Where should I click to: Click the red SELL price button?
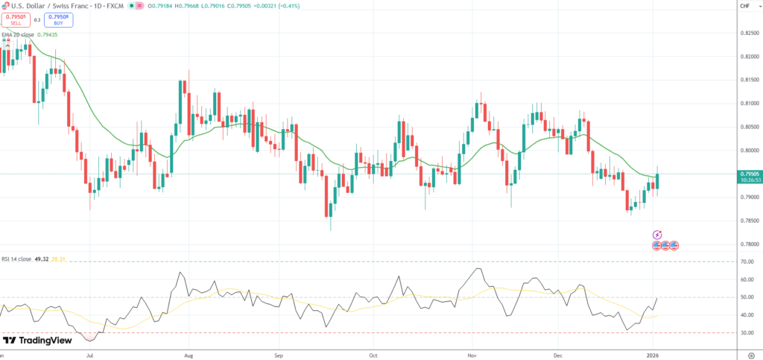tap(16, 19)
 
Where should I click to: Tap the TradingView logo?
tap(37, 340)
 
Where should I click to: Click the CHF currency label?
tap(744, 7)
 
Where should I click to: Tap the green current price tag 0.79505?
tap(748, 174)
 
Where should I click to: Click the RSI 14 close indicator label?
tap(16, 259)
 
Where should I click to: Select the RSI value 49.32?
tap(42, 259)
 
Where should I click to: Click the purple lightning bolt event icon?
tap(657, 235)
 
